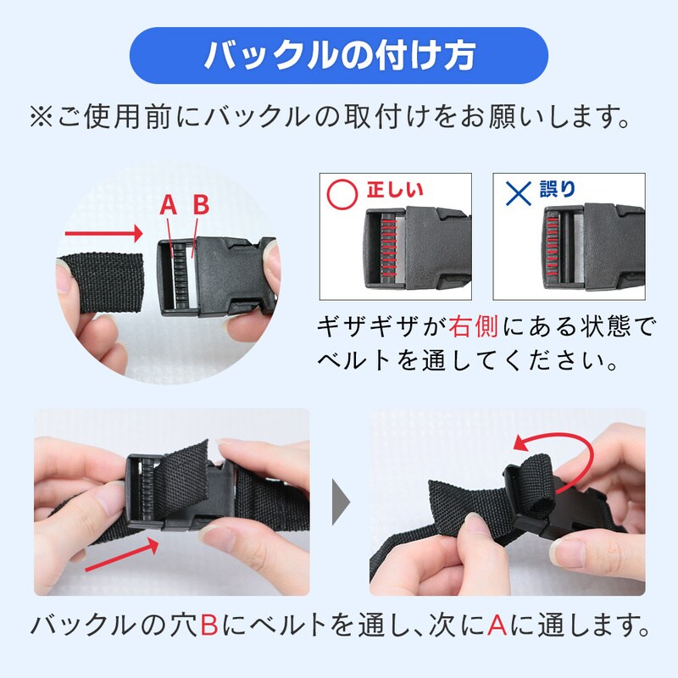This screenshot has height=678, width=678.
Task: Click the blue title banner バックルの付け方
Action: (339, 55)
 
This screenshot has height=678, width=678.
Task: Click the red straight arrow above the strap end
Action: (103, 234)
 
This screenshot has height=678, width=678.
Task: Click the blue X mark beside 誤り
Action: (519, 194)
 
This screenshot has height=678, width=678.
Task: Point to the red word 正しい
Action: (395, 190)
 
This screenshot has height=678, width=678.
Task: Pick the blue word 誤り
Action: (559, 189)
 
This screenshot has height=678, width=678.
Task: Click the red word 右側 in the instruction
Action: (474, 326)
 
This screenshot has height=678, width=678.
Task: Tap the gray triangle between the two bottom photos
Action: (341, 502)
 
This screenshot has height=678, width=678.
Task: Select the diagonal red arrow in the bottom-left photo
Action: (122, 554)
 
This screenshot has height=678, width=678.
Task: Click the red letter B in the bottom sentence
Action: (209, 625)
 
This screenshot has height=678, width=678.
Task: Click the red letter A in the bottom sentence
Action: (497, 625)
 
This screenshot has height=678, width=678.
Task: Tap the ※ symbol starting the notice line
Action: (41, 118)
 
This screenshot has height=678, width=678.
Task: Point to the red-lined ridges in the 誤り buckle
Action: (553, 247)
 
